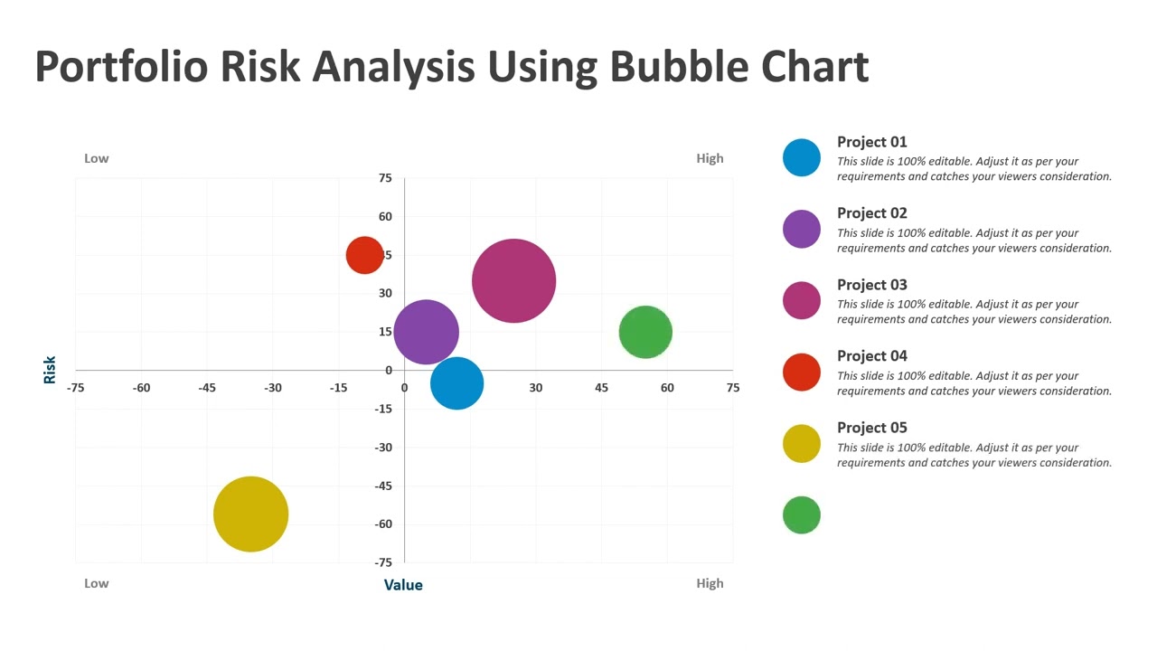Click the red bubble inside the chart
click(x=364, y=255)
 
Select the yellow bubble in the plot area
click(x=250, y=514)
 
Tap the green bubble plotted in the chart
click(x=645, y=332)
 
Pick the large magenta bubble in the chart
click(x=513, y=280)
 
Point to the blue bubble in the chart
click(x=456, y=383)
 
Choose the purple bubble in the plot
click(x=426, y=332)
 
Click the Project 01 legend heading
click(x=871, y=142)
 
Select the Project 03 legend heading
click(x=871, y=285)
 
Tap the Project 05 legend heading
click(x=871, y=428)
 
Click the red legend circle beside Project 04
click(x=801, y=372)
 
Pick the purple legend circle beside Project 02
click(x=801, y=229)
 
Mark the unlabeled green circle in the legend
click(x=801, y=515)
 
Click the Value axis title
click(x=403, y=585)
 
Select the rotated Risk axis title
click(x=50, y=369)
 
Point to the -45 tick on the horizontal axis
click(x=207, y=388)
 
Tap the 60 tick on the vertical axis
click(x=386, y=216)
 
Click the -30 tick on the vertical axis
click(x=384, y=448)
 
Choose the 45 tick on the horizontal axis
click(x=601, y=388)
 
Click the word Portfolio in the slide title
click(x=121, y=67)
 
